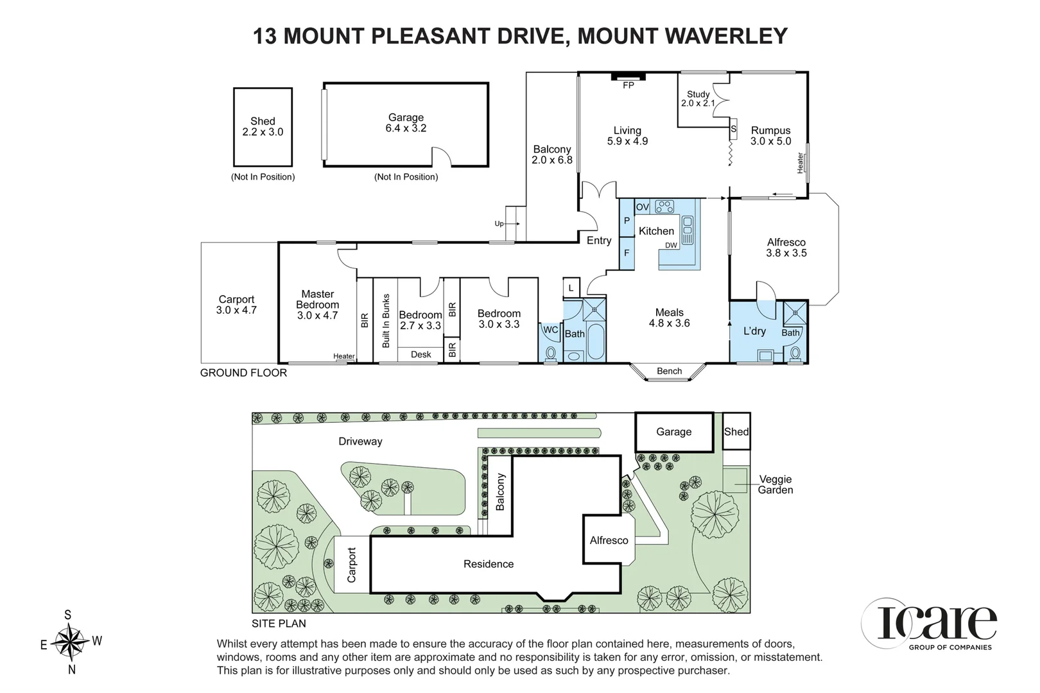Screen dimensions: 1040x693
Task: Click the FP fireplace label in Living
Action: pyautogui.click(x=628, y=85)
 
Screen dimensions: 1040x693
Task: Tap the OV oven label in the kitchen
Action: pyautogui.click(x=642, y=207)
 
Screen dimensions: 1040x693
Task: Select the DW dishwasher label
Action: pyautogui.click(x=671, y=245)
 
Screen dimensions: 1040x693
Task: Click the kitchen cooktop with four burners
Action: pyautogui.click(x=664, y=206)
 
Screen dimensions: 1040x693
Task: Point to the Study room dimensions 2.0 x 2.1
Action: pyautogui.click(x=698, y=103)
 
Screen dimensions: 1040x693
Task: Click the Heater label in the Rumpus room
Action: pyautogui.click(x=800, y=163)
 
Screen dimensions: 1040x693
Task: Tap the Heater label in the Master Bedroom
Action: pyautogui.click(x=344, y=356)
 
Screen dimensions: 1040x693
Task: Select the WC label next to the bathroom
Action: pyautogui.click(x=551, y=330)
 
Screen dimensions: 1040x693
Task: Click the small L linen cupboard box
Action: pyautogui.click(x=571, y=287)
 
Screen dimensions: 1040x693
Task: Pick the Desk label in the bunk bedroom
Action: pyautogui.click(x=421, y=355)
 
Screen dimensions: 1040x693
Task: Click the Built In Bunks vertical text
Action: pyautogui.click(x=386, y=321)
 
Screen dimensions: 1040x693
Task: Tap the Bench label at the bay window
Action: pyautogui.click(x=669, y=371)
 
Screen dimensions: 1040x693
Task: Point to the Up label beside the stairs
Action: pyautogui.click(x=499, y=224)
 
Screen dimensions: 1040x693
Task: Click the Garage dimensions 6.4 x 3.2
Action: pyautogui.click(x=406, y=128)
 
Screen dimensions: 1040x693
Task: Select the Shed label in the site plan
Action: pyautogui.click(x=736, y=432)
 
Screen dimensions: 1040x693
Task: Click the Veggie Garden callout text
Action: pyautogui.click(x=776, y=484)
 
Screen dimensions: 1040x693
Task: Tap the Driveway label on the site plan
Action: pyautogui.click(x=360, y=441)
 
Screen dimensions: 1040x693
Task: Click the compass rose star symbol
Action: pyautogui.click(x=69, y=642)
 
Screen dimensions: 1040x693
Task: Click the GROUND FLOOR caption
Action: pyautogui.click(x=243, y=373)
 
